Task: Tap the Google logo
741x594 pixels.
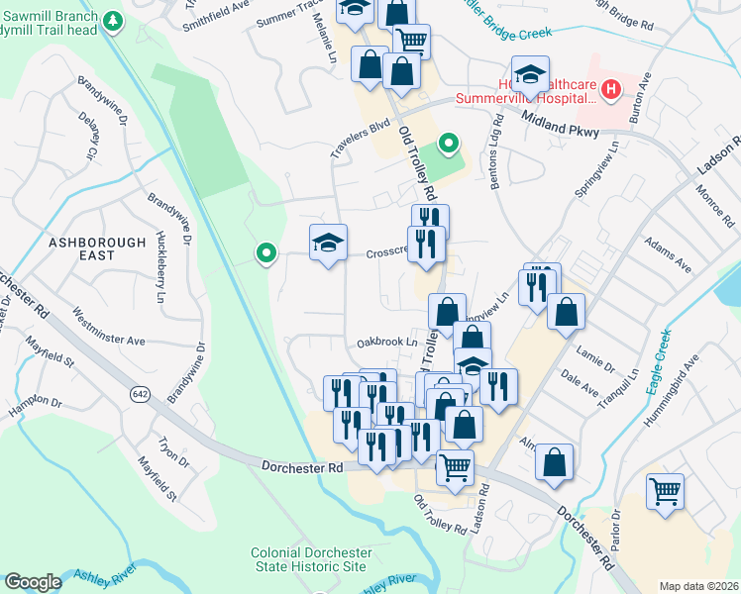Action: tap(33, 582)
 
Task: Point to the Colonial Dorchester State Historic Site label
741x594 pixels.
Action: tap(310, 559)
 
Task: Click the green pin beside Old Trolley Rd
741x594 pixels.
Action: tap(449, 145)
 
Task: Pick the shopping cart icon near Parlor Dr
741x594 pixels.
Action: tap(665, 490)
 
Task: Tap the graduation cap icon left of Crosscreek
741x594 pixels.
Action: tap(328, 243)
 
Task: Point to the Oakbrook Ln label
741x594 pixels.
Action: tap(387, 342)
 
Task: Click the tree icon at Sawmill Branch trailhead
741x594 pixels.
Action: tap(114, 20)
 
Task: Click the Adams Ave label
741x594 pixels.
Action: tap(666, 253)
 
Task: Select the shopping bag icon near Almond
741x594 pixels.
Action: tap(555, 460)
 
